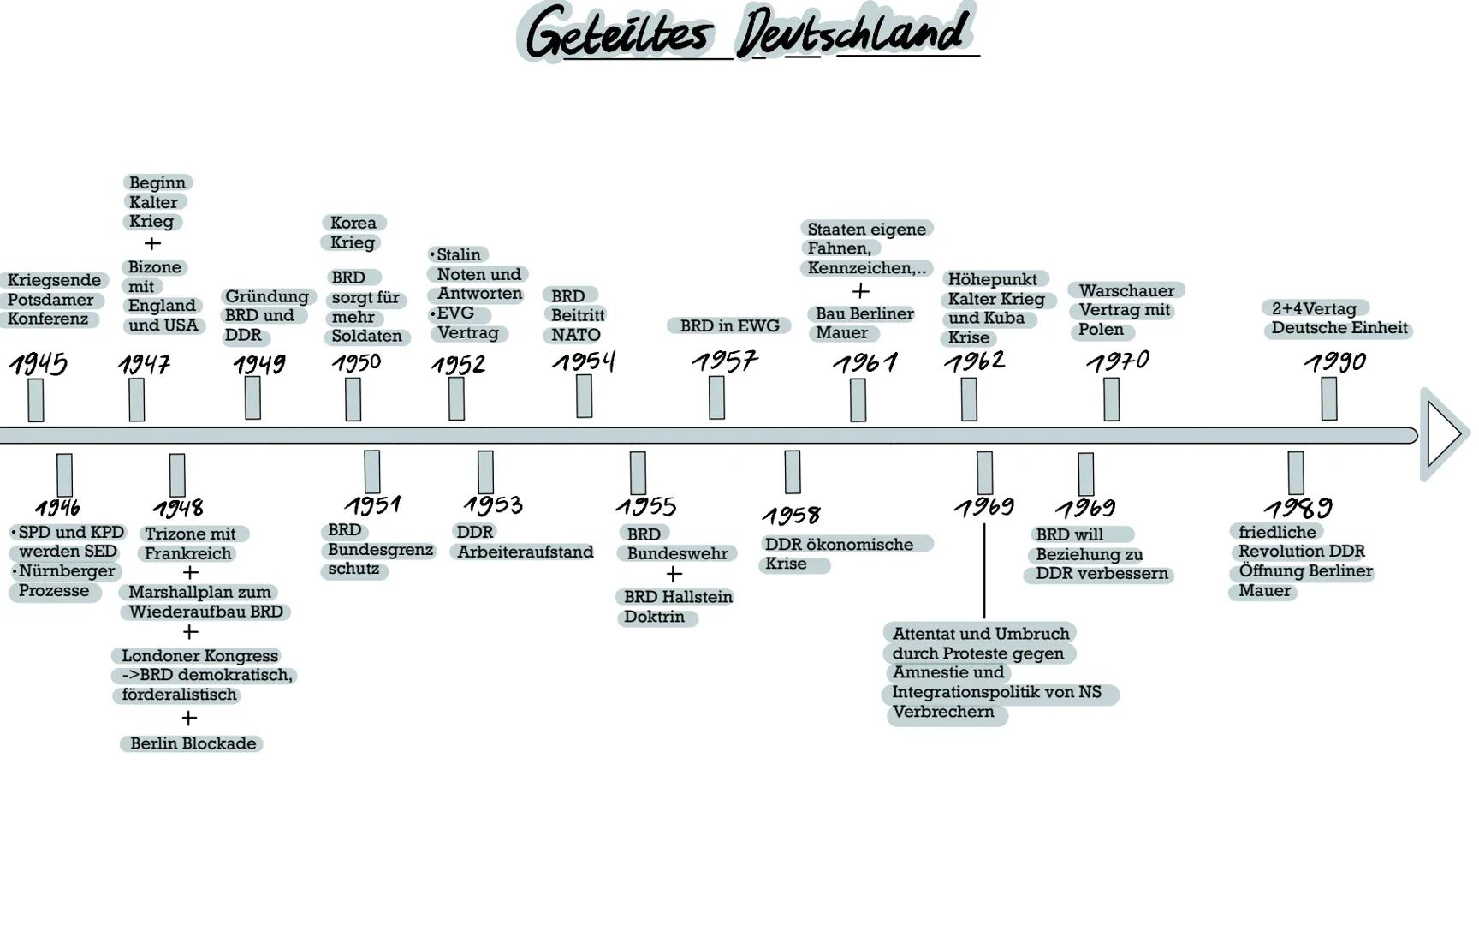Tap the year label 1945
click(x=39, y=365)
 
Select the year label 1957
click(x=725, y=361)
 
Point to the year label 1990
click(x=1335, y=362)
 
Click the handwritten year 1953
click(x=493, y=504)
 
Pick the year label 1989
click(x=1298, y=508)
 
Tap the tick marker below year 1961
click(x=858, y=400)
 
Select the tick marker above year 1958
click(x=792, y=472)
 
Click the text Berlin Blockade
click(x=193, y=743)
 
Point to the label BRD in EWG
click(x=729, y=325)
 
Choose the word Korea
click(x=353, y=223)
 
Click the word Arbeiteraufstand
click(x=525, y=552)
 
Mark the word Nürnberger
click(x=67, y=571)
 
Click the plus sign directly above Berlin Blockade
click(x=189, y=718)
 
